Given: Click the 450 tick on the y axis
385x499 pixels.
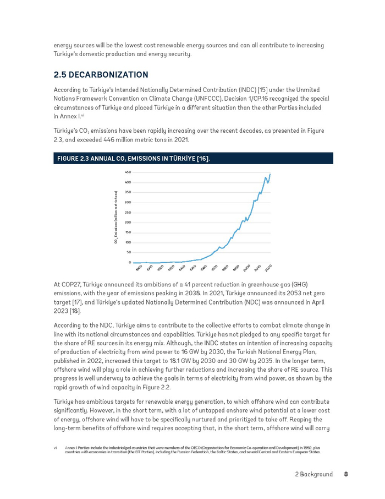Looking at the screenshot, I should coord(127,172).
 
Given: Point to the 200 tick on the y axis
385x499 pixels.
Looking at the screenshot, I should coord(127,223).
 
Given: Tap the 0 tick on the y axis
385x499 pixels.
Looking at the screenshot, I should coord(130,263).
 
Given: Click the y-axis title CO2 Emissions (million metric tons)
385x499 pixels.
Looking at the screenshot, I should coord(116,217).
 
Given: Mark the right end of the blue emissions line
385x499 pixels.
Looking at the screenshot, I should coord(270,174).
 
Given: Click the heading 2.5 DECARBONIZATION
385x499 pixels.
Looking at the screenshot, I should coord(101,74).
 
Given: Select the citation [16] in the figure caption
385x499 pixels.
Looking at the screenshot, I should coord(203,159).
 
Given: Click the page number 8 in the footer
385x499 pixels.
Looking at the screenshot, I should coord(346,474).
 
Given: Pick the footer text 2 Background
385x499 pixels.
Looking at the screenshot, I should coord(313,474).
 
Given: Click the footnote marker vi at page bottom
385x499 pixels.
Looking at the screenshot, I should coord(56,448).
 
